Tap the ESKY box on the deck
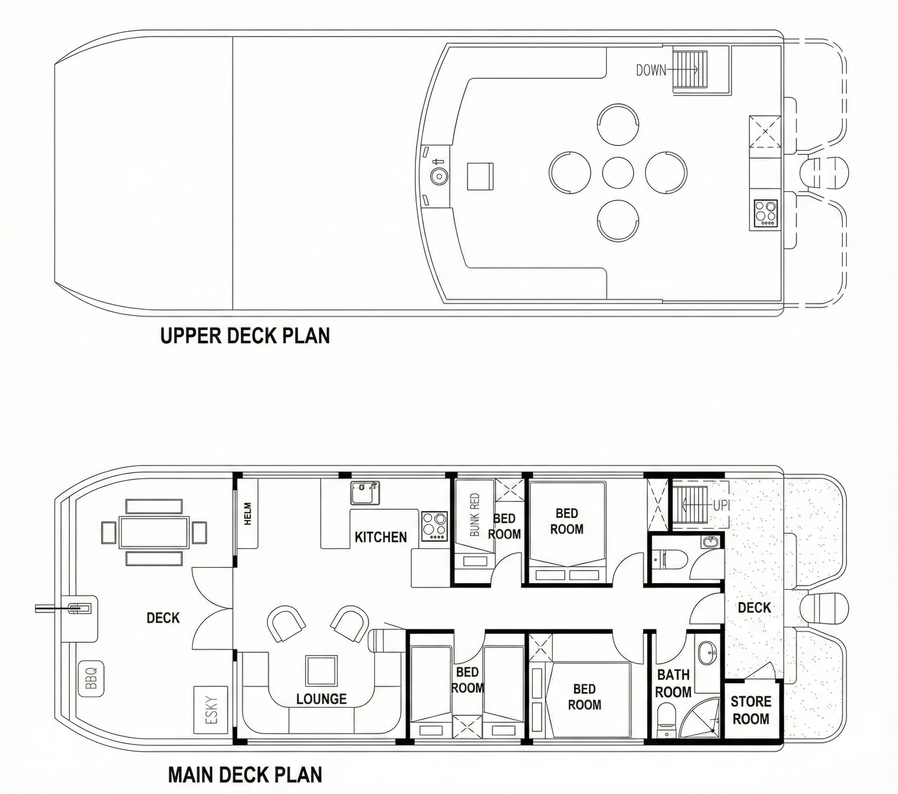(211, 710)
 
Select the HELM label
(248, 514)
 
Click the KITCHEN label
(380, 537)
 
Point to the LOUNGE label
(321, 699)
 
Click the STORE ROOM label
(750, 710)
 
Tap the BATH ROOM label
(673, 683)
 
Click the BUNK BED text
(475, 515)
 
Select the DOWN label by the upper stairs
(651, 70)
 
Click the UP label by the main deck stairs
(720, 506)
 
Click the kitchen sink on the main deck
(365, 493)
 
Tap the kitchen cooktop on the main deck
(434, 526)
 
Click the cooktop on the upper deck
(766, 214)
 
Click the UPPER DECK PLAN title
(245, 336)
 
